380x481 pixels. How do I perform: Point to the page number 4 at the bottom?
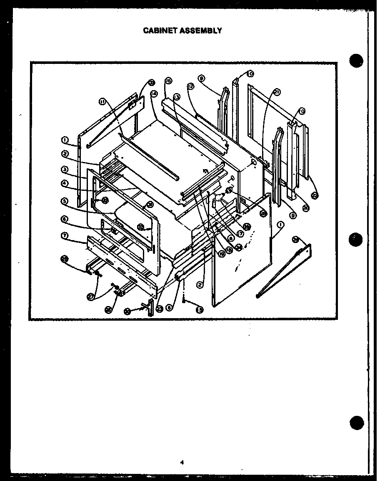pos(182,462)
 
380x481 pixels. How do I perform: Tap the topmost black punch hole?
pos(357,61)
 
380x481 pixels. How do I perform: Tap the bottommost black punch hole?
pos(357,423)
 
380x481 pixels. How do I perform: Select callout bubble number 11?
pos(102,101)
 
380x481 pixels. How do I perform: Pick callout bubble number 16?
pos(168,81)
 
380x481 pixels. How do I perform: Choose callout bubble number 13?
pos(177,97)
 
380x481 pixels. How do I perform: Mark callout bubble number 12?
pos(190,86)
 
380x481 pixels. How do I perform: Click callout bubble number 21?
pos(277,92)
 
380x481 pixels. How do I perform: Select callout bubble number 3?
pos(65,169)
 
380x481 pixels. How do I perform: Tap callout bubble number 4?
pos(65,183)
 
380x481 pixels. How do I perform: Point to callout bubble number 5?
pos(65,201)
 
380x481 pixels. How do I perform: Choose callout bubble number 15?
pos(200,309)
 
